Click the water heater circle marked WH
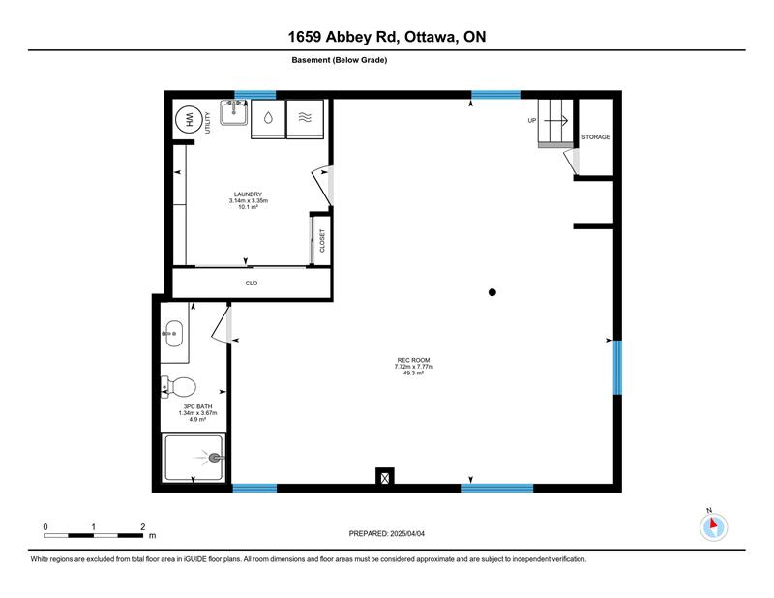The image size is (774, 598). pyautogui.click(x=189, y=120)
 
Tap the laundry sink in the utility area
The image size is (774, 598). pyautogui.click(x=233, y=112)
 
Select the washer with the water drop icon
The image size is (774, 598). pyautogui.click(x=268, y=118)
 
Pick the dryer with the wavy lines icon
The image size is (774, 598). pyautogui.click(x=305, y=118)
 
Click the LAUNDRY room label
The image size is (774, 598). pyautogui.click(x=248, y=194)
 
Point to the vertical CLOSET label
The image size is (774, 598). pyautogui.click(x=322, y=241)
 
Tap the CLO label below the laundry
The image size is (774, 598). pyautogui.click(x=252, y=283)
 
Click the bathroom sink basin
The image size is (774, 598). pyautogui.click(x=174, y=333)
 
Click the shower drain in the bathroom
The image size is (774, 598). pyautogui.click(x=215, y=458)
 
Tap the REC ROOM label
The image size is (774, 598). pyautogui.click(x=414, y=360)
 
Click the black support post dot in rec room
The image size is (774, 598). pyautogui.click(x=492, y=292)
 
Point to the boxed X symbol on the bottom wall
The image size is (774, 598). pyautogui.click(x=384, y=477)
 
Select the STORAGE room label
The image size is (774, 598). pyautogui.click(x=596, y=137)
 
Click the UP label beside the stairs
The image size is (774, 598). pyautogui.click(x=532, y=121)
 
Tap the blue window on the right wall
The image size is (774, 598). pyautogui.click(x=617, y=368)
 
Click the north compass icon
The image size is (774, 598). pyautogui.click(x=713, y=526)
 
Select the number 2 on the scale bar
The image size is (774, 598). pyautogui.click(x=142, y=527)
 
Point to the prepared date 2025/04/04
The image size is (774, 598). pyautogui.click(x=407, y=534)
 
